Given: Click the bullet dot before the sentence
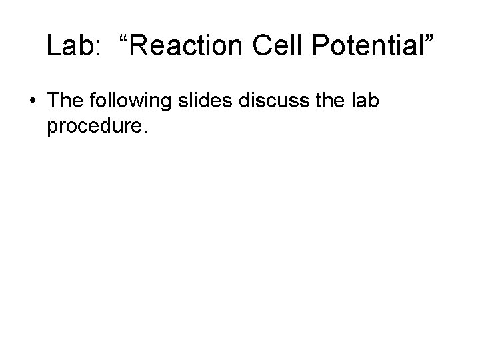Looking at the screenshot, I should (x=33, y=102).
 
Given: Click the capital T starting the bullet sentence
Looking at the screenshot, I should (x=53, y=101).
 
